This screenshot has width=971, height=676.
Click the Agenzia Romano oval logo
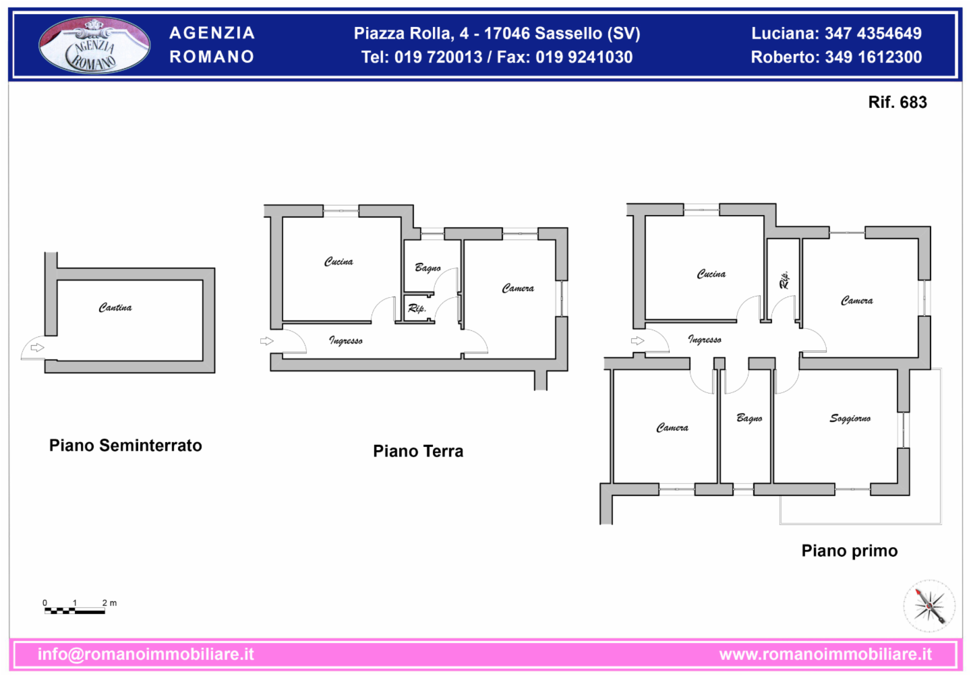(94, 45)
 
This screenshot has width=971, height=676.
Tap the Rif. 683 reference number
(898, 102)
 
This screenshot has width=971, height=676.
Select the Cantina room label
(115, 307)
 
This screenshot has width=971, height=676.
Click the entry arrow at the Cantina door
(37, 347)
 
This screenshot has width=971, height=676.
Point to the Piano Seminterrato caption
(125, 445)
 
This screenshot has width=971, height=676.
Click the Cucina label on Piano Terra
(339, 262)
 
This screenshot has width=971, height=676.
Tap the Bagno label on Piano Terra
(428, 268)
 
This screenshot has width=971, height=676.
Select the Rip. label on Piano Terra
(417, 308)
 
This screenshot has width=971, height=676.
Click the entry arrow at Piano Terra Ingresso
(266, 341)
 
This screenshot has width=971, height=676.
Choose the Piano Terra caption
(418, 451)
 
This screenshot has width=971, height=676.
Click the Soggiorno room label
(850, 419)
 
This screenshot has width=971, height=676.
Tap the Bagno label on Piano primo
(749, 418)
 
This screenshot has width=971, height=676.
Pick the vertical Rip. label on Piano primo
(784, 280)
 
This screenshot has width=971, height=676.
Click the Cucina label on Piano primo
(711, 274)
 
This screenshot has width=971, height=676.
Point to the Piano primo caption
(850, 551)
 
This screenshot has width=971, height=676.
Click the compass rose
(929, 606)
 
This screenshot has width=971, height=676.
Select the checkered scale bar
(75, 611)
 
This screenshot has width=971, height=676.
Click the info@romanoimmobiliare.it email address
(146, 654)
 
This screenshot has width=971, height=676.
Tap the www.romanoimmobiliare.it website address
(825, 654)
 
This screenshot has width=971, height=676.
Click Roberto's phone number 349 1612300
(873, 57)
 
